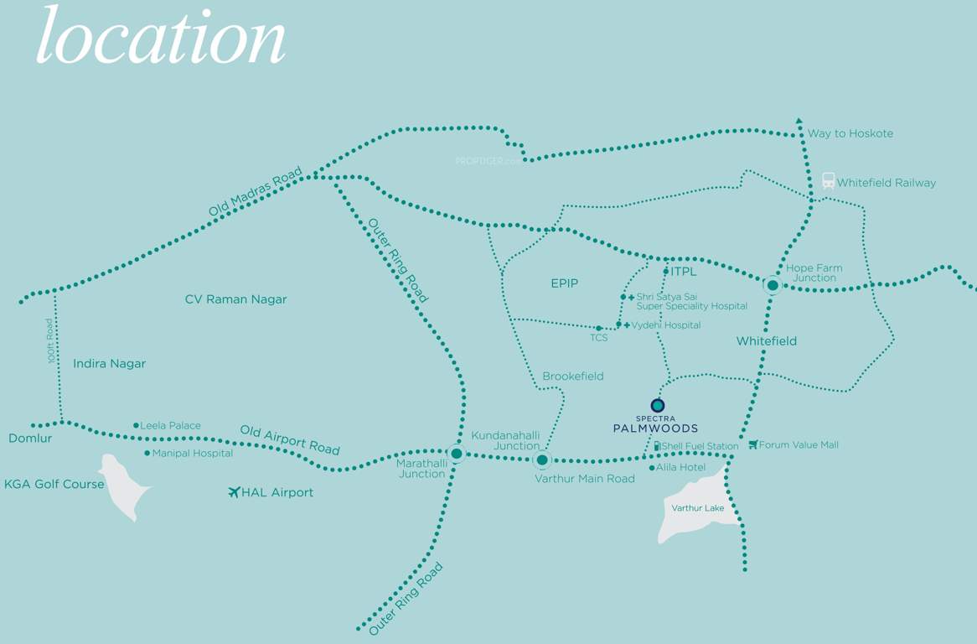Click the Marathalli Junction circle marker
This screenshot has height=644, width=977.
(x=456, y=454)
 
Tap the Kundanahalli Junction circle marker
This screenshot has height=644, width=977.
(x=542, y=460)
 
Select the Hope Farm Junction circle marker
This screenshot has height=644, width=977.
(x=773, y=285)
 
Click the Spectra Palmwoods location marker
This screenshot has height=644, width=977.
(x=658, y=406)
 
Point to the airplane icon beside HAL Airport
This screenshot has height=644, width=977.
(x=234, y=492)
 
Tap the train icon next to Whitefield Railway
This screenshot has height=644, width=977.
(x=828, y=181)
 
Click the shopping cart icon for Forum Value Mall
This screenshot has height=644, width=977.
(x=752, y=444)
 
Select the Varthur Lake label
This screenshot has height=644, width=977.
(x=697, y=508)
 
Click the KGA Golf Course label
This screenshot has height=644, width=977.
(x=54, y=484)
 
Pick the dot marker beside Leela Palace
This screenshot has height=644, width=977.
(x=136, y=426)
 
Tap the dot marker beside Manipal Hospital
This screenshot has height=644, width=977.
(x=147, y=454)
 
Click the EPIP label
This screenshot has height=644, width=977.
(x=565, y=283)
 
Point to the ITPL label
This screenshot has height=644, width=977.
(x=684, y=272)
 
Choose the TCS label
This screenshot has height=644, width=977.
(x=598, y=337)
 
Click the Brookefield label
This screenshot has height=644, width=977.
(x=573, y=377)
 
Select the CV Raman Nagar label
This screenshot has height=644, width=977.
(x=235, y=299)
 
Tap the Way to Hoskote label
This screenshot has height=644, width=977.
(x=850, y=133)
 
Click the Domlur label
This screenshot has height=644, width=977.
(x=30, y=439)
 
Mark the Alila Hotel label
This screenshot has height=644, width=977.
(x=681, y=467)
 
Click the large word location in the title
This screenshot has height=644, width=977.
(x=161, y=38)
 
